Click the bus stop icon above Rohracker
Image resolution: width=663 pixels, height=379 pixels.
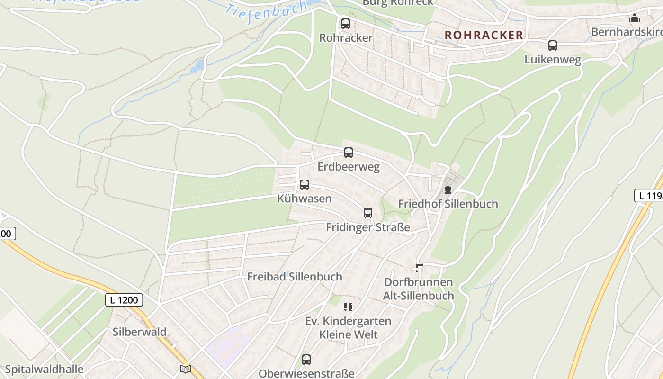346,23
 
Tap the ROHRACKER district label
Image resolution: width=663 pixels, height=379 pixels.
484,35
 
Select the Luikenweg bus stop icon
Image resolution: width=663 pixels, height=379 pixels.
553,45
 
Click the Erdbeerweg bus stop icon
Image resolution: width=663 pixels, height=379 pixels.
349,153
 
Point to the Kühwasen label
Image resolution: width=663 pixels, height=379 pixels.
305,199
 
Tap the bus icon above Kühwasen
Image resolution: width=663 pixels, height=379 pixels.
305,185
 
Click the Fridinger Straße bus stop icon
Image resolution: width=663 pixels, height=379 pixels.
368,213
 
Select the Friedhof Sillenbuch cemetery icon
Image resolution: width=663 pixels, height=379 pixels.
448,190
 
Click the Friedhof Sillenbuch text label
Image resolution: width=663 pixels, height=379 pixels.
448,204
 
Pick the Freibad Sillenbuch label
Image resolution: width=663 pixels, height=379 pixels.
295,277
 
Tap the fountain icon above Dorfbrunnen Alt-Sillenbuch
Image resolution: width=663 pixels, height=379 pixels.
419,268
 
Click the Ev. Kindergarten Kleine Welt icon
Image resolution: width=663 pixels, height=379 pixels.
348,307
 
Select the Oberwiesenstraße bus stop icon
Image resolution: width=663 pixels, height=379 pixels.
306,360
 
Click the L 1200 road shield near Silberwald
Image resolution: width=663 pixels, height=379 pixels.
124,300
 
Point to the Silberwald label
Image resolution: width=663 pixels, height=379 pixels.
139,332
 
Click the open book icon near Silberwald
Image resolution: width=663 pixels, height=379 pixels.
186,369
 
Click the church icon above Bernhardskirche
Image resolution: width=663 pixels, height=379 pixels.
634,18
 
